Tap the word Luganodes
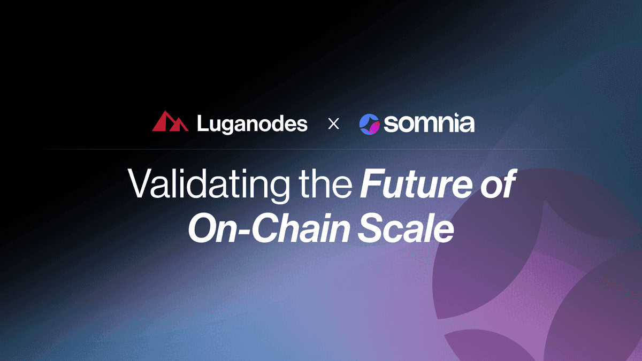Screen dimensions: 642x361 click(x=252, y=124)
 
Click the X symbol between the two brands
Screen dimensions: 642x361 click(x=333, y=124)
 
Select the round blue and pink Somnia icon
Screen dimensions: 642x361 click(x=370, y=124)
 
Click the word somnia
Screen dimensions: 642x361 click(x=429, y=123)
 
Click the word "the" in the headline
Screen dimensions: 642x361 click(x=325, y=183)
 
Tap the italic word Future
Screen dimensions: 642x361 click(x=416, y=183)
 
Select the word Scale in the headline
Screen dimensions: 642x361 click(x=406, y=228)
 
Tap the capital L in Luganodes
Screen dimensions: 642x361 click(x=204, y=123)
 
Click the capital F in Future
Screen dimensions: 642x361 click(x=372, y=183)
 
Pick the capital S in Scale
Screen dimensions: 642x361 click(x=371, y=228)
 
